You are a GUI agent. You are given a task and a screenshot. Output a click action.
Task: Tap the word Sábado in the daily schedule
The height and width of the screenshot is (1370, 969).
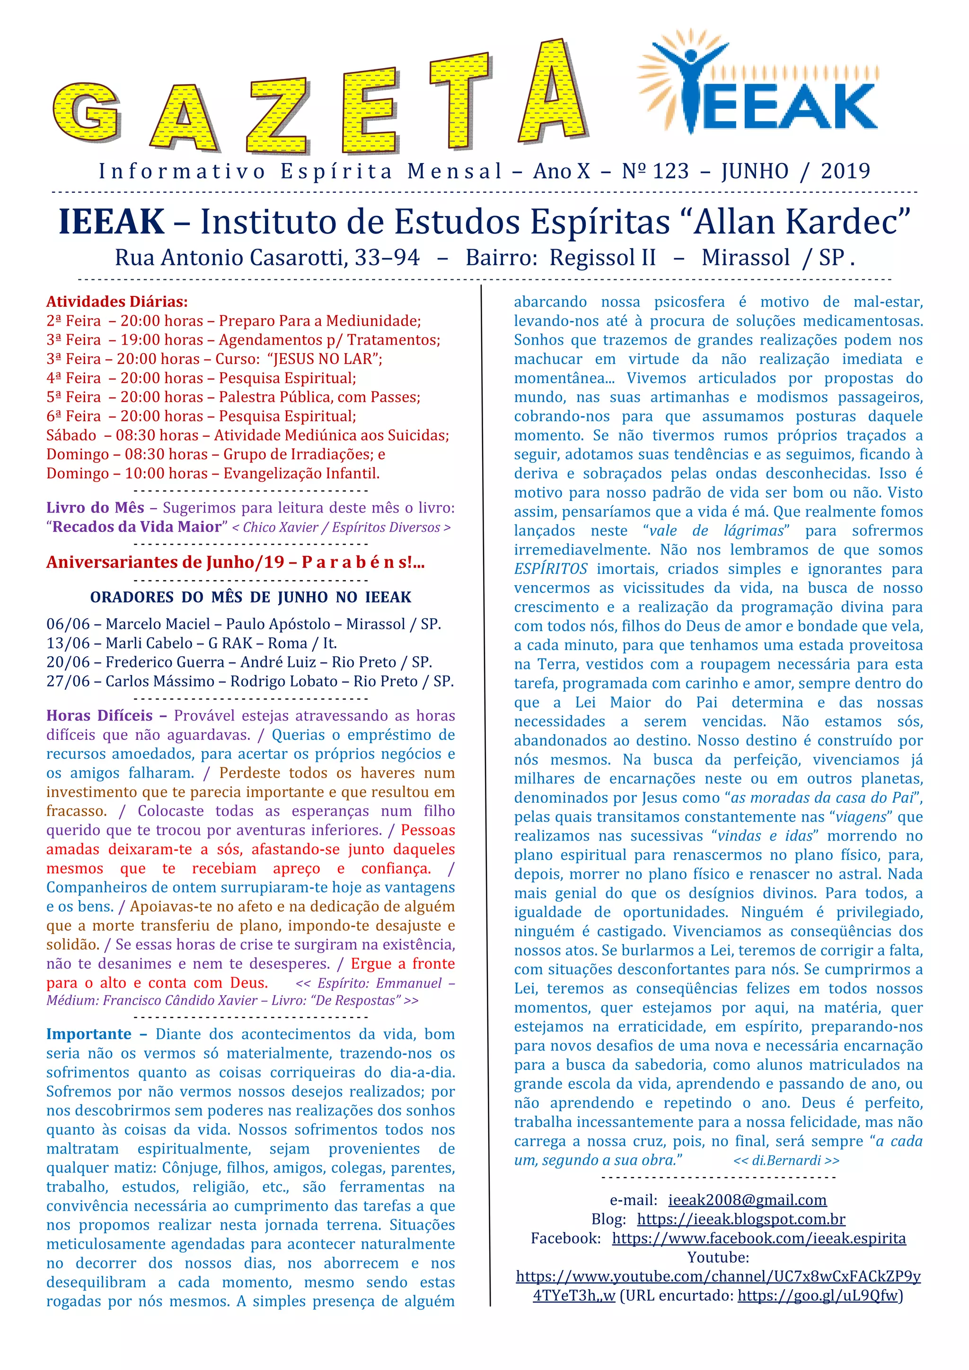tap(71, 435)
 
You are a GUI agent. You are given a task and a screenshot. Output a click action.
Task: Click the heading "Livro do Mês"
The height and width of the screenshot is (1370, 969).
tap(96, 507)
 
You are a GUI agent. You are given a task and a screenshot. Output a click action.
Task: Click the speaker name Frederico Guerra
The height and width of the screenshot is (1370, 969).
tap(165, 662)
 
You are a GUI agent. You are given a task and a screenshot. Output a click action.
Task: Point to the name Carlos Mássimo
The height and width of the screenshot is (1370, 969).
tap(159, 681)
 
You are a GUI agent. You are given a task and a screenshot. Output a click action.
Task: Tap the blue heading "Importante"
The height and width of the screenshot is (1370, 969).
tap(88, 1033)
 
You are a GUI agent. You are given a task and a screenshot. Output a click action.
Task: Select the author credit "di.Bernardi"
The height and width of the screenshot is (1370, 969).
tap(786, 1160)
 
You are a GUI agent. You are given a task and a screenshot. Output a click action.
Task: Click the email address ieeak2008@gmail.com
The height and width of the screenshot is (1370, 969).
tap(747, 1199)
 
